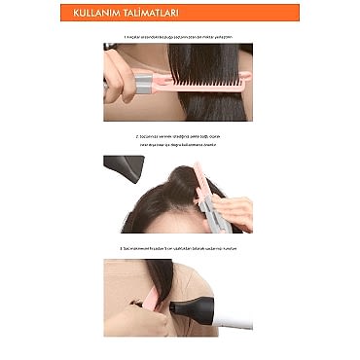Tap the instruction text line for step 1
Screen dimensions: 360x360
click(180, 36)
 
